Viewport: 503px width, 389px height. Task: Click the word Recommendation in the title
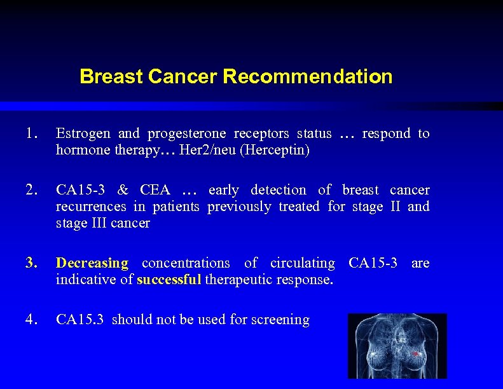coord(307,77)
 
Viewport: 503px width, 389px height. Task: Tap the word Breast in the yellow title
coord(111,77)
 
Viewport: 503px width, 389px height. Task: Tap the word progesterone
coord(186,134)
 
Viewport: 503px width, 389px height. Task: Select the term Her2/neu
coord(195,151)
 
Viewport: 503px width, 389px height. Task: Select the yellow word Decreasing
coord(92,263)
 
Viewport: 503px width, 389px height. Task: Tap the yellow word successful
coord(169,280)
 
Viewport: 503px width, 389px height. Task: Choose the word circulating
coord(302,263)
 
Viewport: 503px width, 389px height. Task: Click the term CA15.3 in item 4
coord(79,320)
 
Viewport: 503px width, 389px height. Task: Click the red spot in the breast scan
coord(416,353)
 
